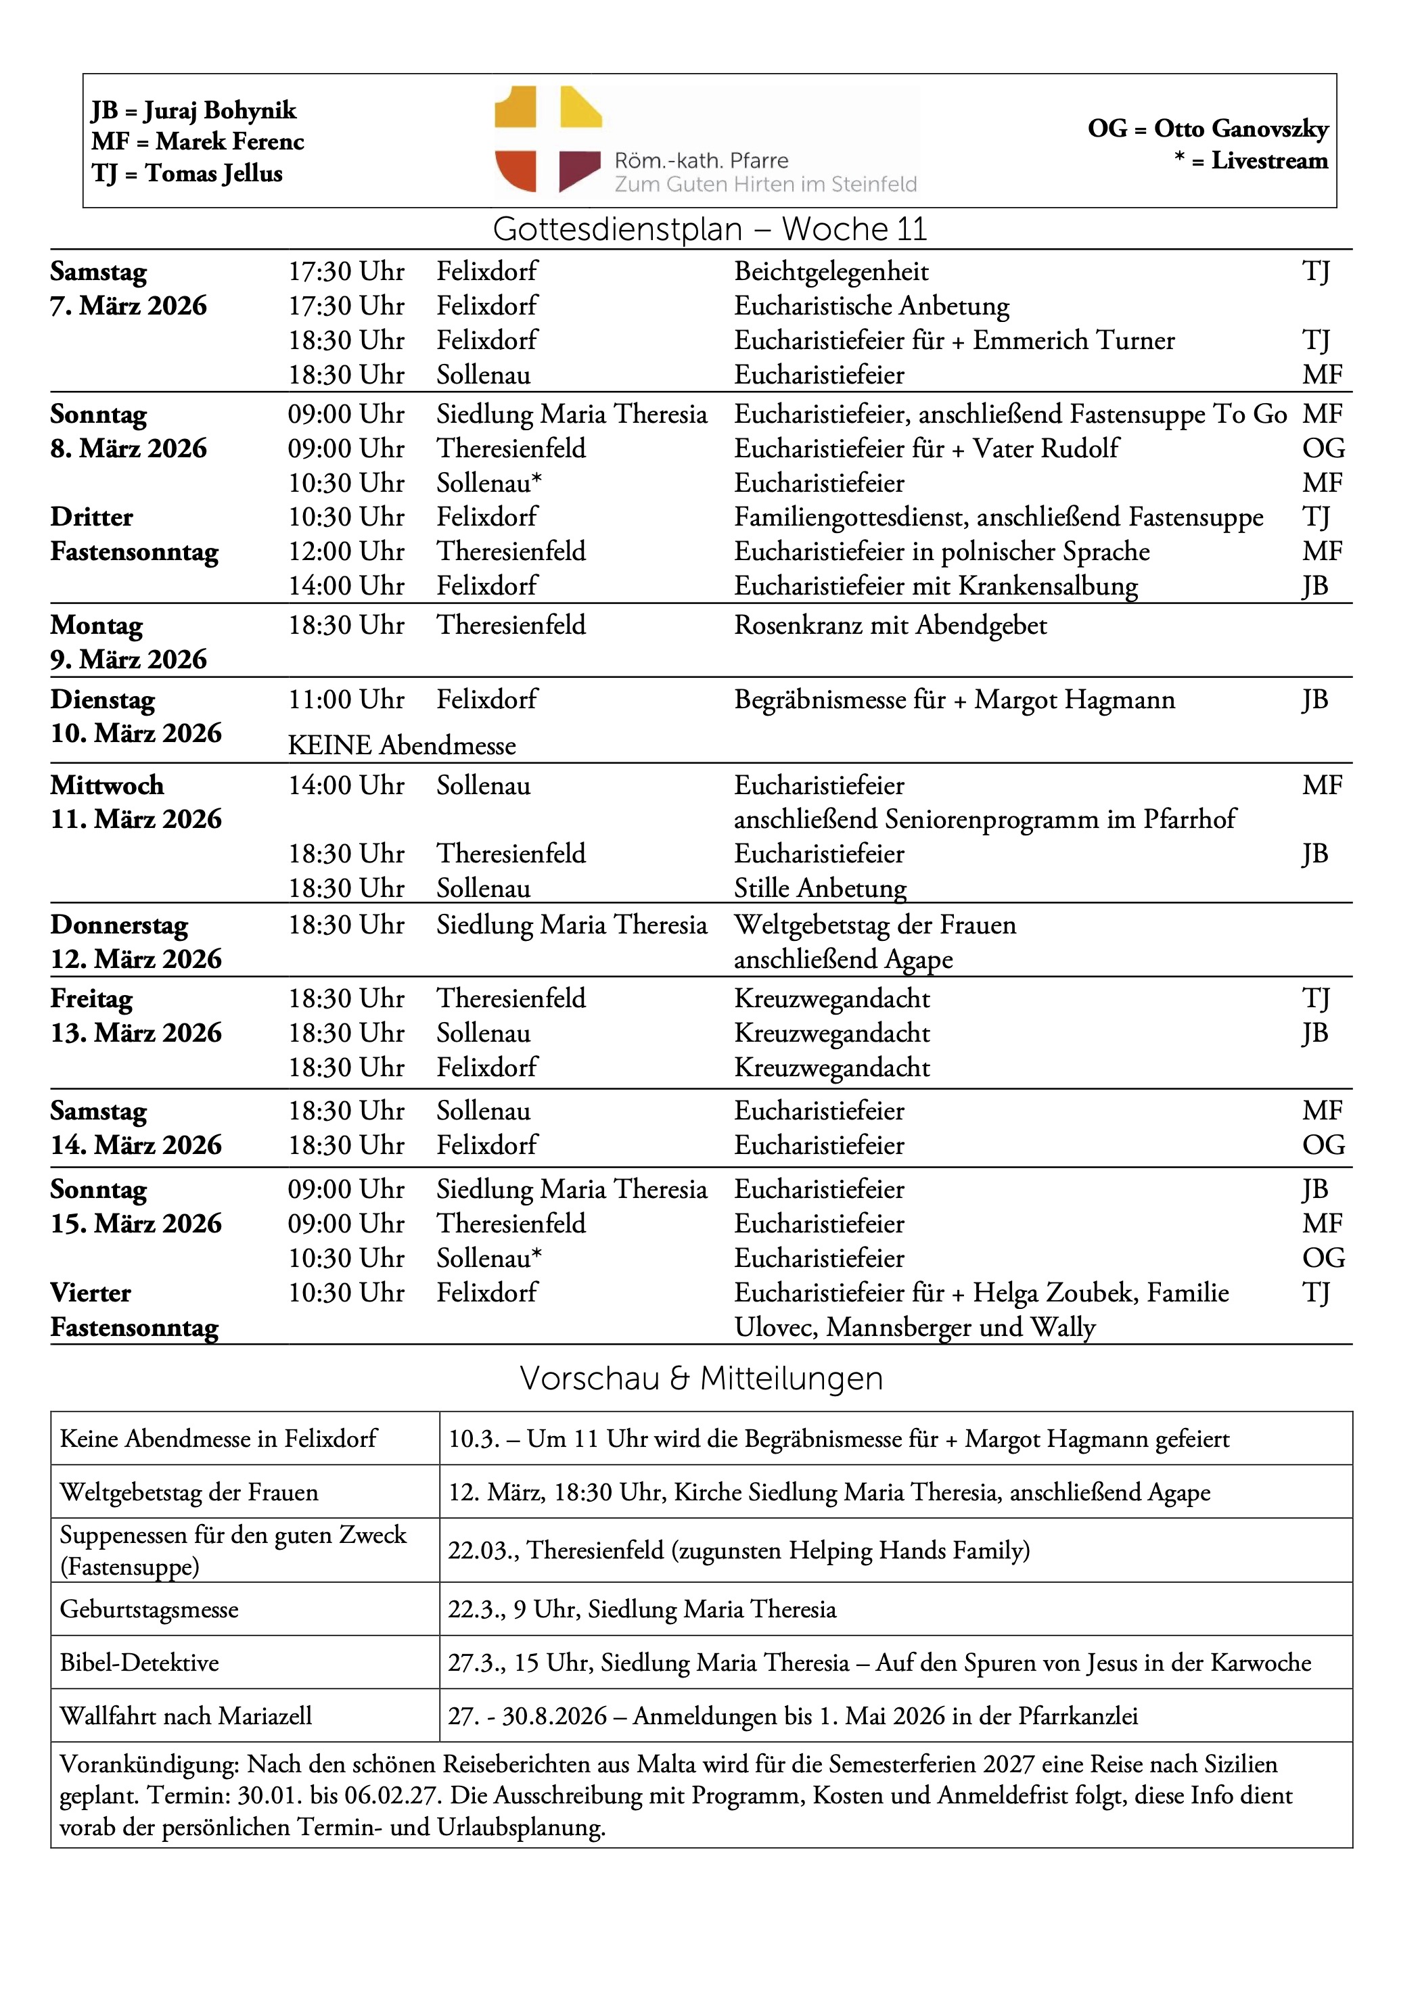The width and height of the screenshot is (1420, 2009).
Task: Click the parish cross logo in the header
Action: click(x=548, y=139)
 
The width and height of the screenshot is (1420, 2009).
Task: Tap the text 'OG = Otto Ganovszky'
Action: click(x=1208, y=129)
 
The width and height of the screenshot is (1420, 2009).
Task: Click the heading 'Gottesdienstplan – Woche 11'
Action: click(x=710, y=229)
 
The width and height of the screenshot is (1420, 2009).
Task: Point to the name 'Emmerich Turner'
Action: click(x=1074, y=340)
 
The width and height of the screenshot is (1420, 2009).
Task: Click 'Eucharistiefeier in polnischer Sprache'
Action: click(x=942, y=551)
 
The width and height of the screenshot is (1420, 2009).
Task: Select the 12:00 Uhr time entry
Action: click(x=346, y=551)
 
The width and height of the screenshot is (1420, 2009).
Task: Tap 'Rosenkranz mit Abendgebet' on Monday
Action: click(x=890, y=626)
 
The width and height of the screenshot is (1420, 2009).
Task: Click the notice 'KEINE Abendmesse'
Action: click(x=402, y=745)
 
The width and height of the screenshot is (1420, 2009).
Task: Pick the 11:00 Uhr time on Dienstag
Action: click(x=346, y=700)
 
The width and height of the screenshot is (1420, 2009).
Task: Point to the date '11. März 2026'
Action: click(x=135, y=820)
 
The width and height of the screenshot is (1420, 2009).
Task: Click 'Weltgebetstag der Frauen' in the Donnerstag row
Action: click(x=875, y=925)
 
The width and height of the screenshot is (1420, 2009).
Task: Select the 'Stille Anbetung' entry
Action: click(x=820, y=888)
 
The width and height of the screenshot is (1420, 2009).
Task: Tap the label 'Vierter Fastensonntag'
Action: click(x=134, y=1310)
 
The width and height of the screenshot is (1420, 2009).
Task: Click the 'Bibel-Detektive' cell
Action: click(x=139, y=1663)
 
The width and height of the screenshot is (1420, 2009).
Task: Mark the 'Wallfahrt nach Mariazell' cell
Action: click(x=185, y=1716)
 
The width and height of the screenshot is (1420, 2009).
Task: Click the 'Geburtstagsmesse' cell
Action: click(x=149, y=1609)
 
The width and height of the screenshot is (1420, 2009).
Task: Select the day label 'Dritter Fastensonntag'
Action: click(x=134, y=534)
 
